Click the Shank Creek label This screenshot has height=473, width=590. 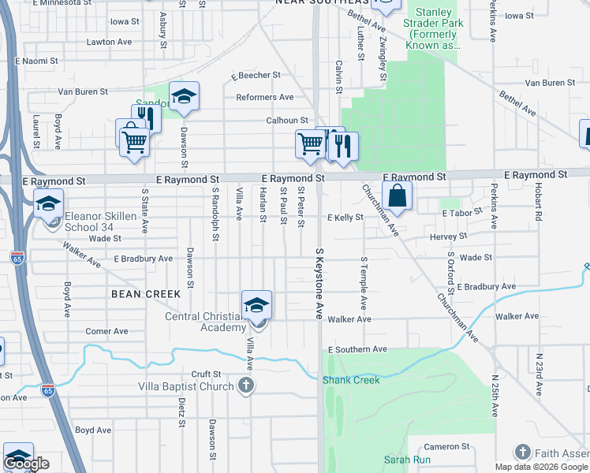coord(351,380)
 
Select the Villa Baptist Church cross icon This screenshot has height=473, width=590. coord(246,386)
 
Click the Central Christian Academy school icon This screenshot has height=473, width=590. coord(256,305)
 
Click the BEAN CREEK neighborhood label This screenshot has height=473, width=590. coord(145,294)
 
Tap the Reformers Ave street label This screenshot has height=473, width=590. coord(264,97)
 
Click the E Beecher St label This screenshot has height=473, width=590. coord(256,76)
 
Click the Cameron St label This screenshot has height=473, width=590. coord(447,447)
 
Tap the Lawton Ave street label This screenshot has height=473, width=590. coord(109,42)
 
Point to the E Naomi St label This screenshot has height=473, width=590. coord(37,61)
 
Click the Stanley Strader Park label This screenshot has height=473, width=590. coord(433,29)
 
